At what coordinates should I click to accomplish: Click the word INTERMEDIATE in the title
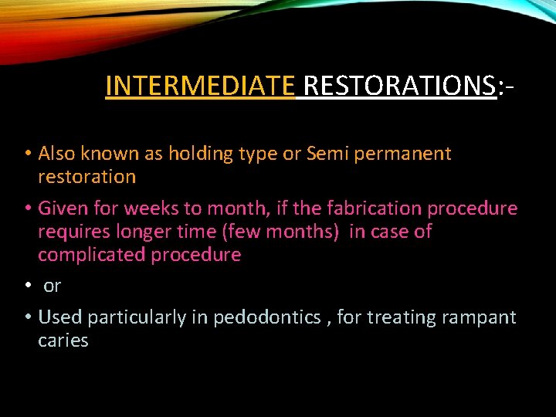[199, 86]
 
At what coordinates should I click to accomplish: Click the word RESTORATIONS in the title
[399, 86]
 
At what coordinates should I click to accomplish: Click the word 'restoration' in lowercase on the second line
[86, 177]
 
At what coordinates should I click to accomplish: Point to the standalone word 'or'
[52, 286]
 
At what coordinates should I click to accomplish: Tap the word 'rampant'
[480, 317]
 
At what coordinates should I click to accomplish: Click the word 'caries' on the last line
[63, 341]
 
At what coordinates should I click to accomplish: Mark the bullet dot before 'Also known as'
[27, 154]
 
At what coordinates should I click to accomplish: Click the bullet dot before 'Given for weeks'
[27, 208]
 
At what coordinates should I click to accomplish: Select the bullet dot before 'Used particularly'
[27, 317]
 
